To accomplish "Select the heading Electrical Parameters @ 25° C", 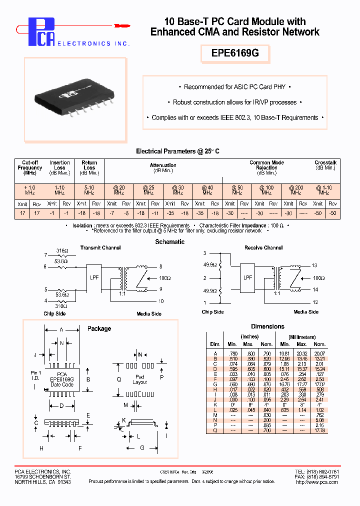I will pyautogui.click(x=178, y=151).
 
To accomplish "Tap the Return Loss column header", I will pyautogui.click(x=89, y=167).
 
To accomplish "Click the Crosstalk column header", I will pyautogui.click(x=325, y=165).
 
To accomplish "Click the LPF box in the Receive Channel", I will pyautogui.click(x=247, y=277).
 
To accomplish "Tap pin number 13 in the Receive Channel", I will pyautogui.click(x=314, y=265).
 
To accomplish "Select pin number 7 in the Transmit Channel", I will pyautogui.click(x=45, y=255).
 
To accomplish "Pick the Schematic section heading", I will pyautogui.click(x=170, y=241).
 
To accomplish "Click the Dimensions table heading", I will pyautogui.click(x=267, y=326).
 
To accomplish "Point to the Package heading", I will pyautogui.click(x=99, y=328).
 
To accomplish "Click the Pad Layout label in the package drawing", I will pyautogui.click(x=140, y=379).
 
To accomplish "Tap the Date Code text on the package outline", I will pyautogui.click(x=62, y=384).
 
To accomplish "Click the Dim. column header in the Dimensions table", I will pyautogui.click(x=215, y=344).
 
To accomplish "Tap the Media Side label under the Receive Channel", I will pyautogui.click(x=305, y=311).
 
